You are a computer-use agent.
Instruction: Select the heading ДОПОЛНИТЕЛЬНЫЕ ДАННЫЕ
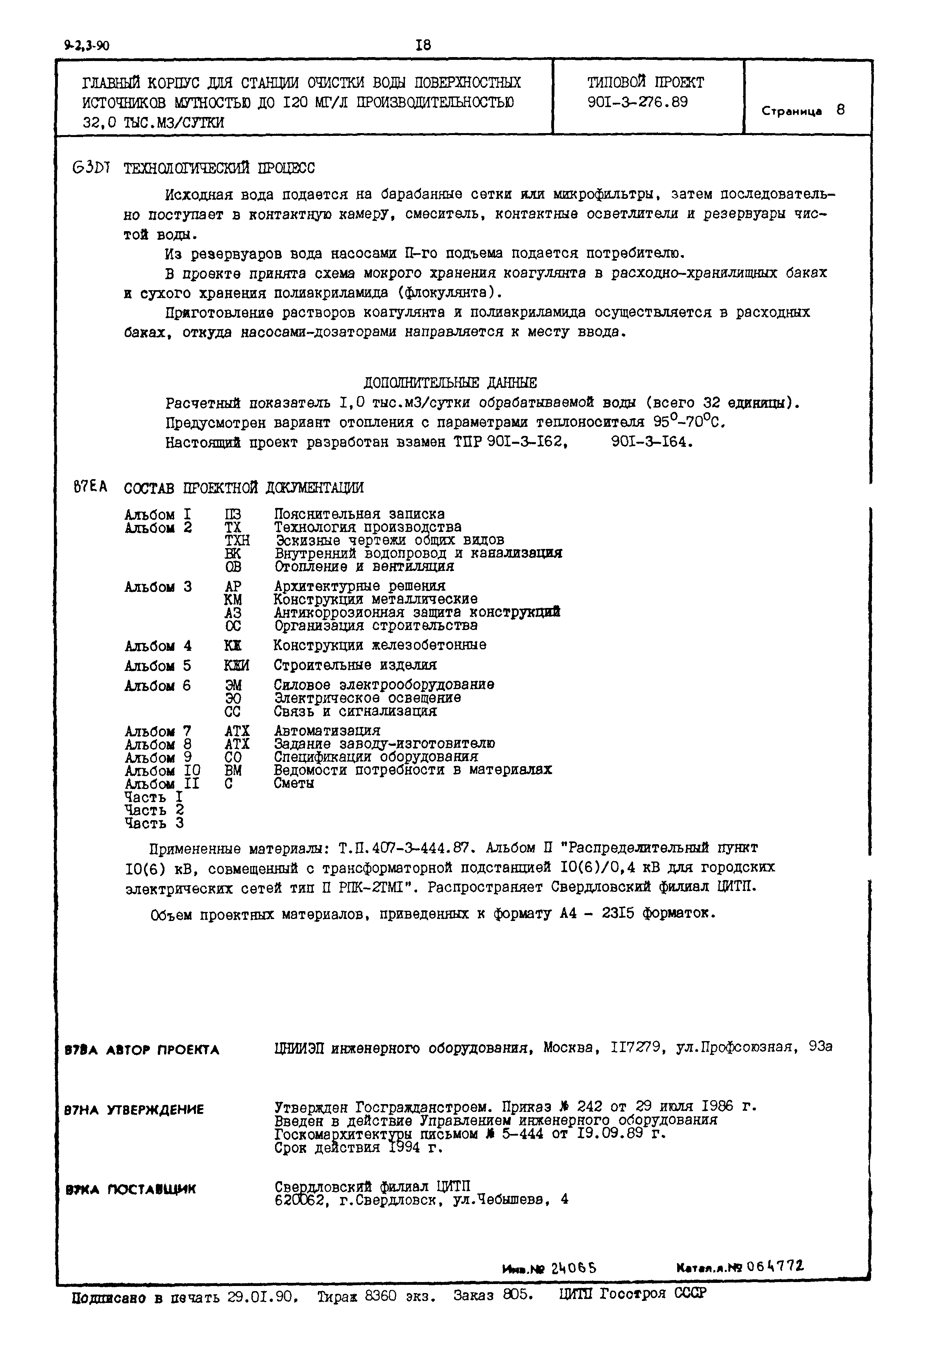(x=450, y=383)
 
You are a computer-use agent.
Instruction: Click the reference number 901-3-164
(x=652, y=442)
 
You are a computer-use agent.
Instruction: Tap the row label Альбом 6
(x=158, y=686)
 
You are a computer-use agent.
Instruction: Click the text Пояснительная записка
(x=359, y=514)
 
